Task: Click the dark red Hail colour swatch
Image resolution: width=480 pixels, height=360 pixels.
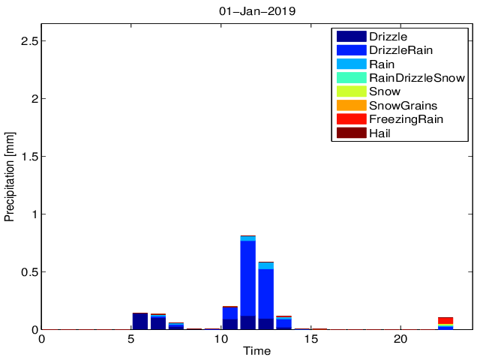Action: point(351,133)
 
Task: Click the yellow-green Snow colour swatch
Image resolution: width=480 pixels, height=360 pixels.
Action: point(351,91)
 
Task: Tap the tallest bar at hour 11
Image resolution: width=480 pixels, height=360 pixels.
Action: point(248,282)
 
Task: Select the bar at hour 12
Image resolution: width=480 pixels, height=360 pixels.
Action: point(266,295)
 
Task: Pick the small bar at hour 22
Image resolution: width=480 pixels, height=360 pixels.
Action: point(445,323)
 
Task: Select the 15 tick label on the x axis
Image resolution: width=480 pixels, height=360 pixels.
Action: point(311,338)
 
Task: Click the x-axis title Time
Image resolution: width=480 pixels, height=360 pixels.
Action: point(256,351)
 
